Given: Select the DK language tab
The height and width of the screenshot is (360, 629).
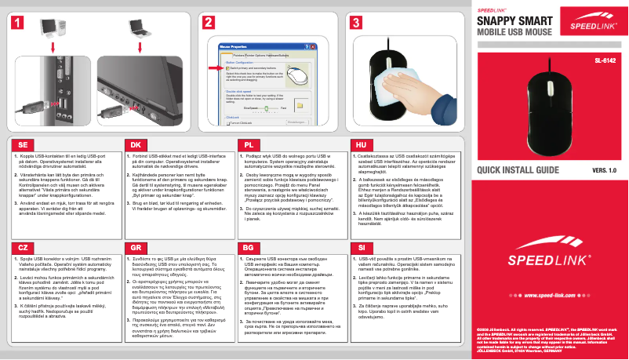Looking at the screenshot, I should click(136, 145).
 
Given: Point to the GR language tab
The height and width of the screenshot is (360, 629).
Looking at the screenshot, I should click(136, 246).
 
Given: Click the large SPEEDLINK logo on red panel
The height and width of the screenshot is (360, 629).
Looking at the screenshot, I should click(548, 260).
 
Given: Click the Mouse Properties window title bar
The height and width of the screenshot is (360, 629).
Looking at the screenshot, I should click(259, 47).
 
